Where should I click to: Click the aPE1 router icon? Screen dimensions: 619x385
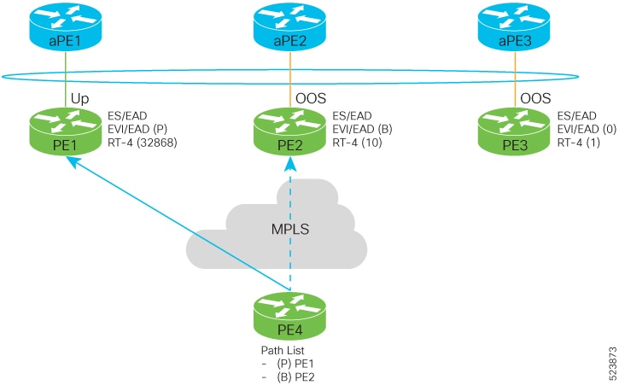tap(65, 26)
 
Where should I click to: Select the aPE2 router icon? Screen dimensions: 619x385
tap(289, 26)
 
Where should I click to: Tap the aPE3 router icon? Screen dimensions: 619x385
tap(514, 26)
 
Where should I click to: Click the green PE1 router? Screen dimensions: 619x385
tap(65, 131)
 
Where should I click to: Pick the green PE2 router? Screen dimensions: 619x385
tap(289, 131)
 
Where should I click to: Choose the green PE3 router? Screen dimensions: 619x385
tap(514, 131)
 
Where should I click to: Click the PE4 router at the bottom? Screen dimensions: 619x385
tap(289, 316)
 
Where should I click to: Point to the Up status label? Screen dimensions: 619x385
tap(79, 99)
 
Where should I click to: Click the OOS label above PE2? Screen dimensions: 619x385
tap(311, 98)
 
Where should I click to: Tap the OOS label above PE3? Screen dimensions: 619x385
tap(535, 98)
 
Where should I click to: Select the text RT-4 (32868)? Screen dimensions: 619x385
tap(142, 143)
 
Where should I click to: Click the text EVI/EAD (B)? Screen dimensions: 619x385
tap(362, 129)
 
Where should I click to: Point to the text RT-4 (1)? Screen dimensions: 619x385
tap(578, 143)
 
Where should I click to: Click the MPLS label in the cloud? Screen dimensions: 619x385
tap(290, 229)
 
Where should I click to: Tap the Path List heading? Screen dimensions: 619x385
tap(283, 350)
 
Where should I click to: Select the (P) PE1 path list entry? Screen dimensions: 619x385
tap(295, 364)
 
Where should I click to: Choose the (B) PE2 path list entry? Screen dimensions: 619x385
tap(295, 377)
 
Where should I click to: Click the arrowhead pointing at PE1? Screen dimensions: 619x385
tap(73, 161)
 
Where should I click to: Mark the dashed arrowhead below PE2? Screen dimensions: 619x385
tap(290, 164)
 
